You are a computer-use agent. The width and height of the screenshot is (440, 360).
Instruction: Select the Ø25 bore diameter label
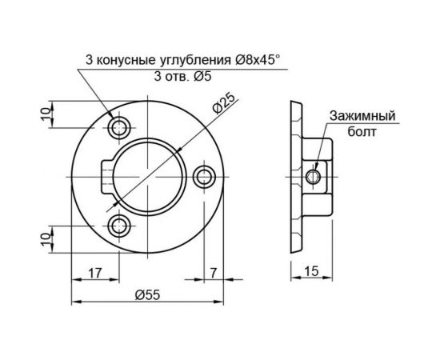click(224, 104)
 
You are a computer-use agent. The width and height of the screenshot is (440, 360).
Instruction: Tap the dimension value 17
click(94, 272)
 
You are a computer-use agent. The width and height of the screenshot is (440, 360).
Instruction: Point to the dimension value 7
click(214, 272)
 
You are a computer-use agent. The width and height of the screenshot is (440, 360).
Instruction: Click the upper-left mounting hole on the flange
click(121, 126)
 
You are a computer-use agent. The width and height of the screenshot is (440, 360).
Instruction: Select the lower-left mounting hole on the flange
click(121, 224)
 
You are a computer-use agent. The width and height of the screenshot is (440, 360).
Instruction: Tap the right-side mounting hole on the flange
click(206, 175)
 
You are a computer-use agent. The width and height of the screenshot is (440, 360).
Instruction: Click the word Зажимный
click(362, 118)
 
